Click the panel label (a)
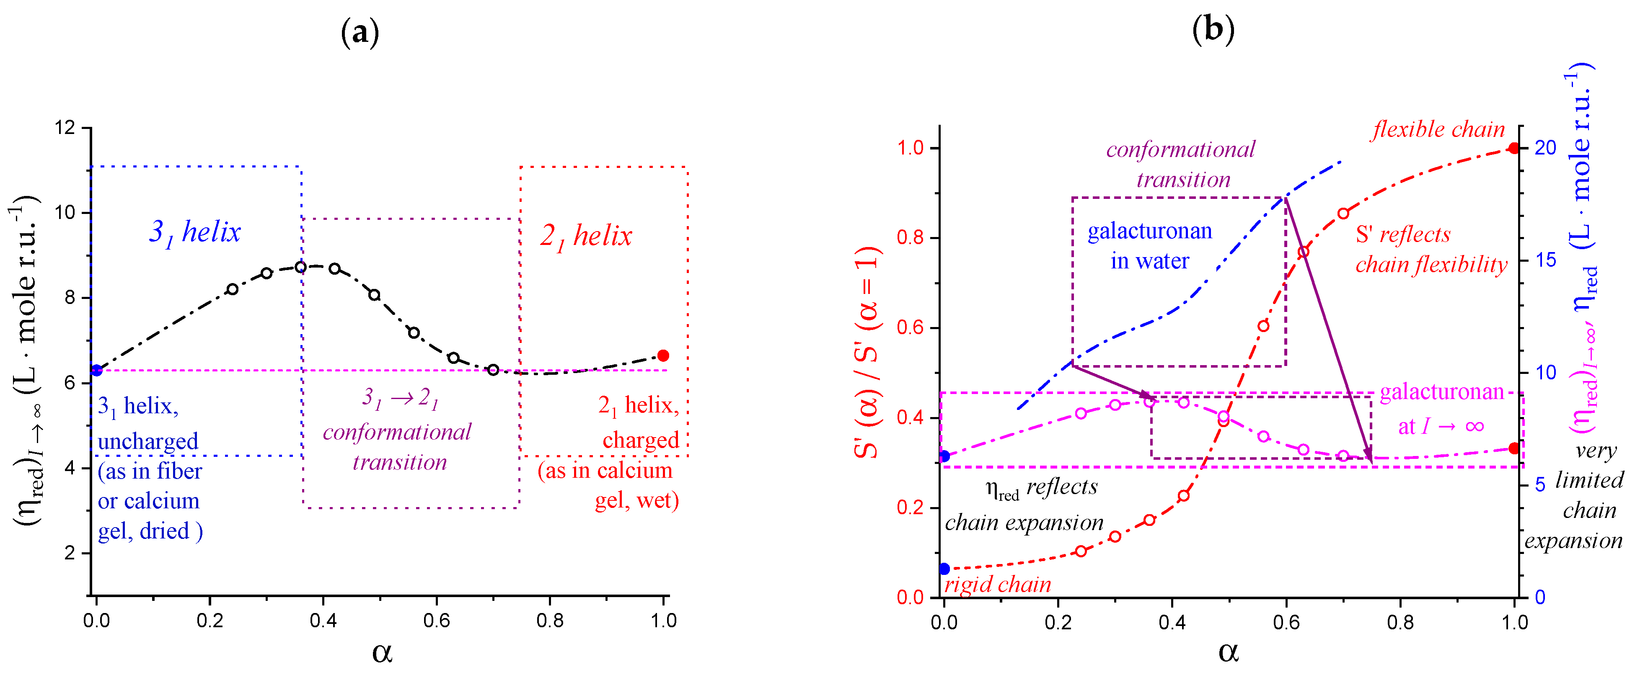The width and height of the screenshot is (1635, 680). [x=360, y=31]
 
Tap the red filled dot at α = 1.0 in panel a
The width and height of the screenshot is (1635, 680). [x=663, y=355]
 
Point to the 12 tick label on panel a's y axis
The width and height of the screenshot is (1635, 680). [x=65, y=127]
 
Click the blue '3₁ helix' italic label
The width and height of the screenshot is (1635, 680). [x=195, y=232]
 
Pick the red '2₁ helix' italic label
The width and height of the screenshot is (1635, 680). [x=586, y=236]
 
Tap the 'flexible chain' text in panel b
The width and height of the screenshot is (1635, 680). [x=1438, y=129]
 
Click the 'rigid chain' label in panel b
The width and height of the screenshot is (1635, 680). [x=997, y=584]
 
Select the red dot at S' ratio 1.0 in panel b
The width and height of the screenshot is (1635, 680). [x=1514, y=148]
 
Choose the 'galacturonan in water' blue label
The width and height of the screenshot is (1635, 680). [x=1149, y=245]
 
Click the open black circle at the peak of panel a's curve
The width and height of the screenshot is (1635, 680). [x=301, y=267]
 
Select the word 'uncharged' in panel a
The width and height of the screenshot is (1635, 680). [x=148, y=441]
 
